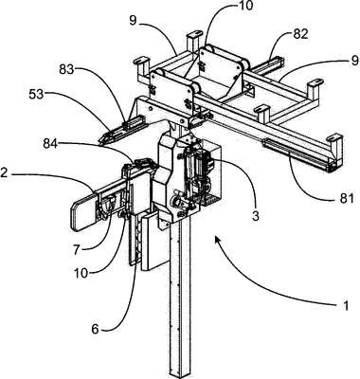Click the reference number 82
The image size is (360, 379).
click(x=300, y=34)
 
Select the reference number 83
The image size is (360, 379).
click(x=67, y=69)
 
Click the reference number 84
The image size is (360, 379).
click(x=52, y=144)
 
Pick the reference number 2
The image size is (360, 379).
click(x=4, y=173)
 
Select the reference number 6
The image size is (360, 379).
click(x=96, y=329)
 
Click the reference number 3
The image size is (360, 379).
click(x=255, y=216)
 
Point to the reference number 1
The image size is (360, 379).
click(x=346, y=305)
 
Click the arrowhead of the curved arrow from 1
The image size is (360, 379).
click(x=218, y=240)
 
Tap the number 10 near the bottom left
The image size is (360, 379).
click(x=81, y=273)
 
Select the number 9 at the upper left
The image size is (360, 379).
click(x=133, y=21)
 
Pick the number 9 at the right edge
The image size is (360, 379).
click(x=354, y=59)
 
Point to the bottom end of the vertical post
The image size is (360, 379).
click(x=180, y=375)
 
